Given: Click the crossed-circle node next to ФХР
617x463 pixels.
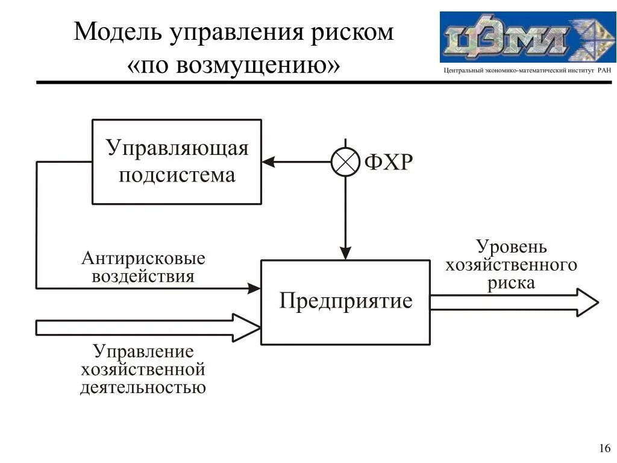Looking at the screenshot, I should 345,162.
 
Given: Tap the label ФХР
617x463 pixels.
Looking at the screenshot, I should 388,162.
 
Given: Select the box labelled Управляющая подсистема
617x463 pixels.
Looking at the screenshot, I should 177,162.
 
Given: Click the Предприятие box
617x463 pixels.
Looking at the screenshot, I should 345,302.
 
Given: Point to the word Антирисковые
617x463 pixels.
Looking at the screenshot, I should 143,259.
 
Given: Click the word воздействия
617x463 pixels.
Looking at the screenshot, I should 143,276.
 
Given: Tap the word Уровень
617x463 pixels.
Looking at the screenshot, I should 512,247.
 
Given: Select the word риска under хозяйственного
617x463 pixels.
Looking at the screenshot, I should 511,283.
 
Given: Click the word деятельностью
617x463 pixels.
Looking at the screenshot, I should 143,386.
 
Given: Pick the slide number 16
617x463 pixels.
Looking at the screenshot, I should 604,448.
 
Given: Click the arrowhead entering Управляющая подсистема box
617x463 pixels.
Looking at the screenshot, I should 267,162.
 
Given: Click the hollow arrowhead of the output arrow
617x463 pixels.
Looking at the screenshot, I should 587,302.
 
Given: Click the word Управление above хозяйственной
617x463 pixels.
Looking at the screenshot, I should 143,351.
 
